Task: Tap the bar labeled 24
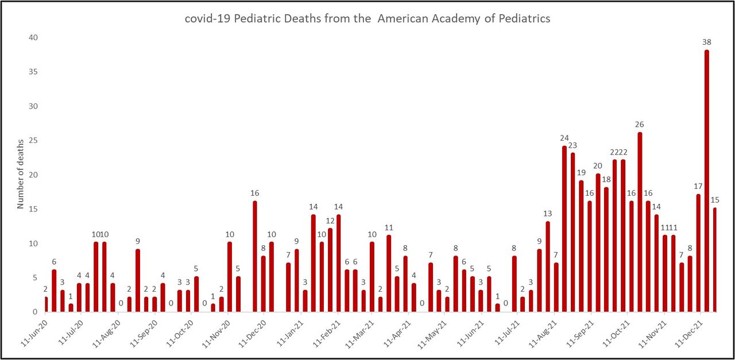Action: click(564, 229)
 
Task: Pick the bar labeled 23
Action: click(573, 233)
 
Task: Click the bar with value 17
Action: click(698, 253)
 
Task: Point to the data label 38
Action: click(706, 42)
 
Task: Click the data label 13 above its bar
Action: click(548, 214)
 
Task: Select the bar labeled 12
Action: click(330, 270)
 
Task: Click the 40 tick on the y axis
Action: click(34, 38)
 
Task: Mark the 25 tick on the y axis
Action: click(34, 141)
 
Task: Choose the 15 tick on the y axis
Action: click(34, 209)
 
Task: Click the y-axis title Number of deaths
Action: click(21, 173)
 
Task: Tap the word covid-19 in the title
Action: click(206, 18)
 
